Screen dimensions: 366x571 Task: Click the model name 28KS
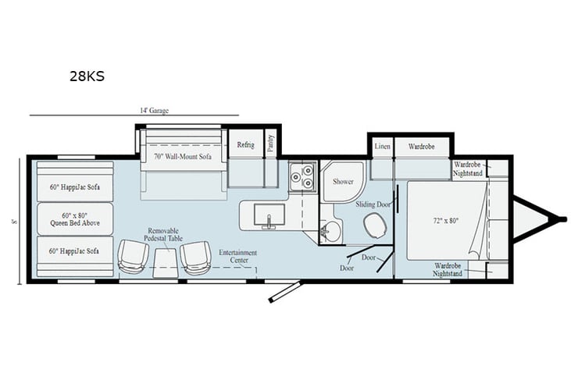tap(86, 76)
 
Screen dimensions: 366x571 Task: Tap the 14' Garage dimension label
tap(155, 111)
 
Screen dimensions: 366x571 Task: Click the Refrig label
tap(246, 145)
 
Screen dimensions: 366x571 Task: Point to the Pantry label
tap(270, 143)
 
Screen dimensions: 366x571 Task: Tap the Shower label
tap(344, 181)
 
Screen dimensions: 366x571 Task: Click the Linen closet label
tap(382, 146)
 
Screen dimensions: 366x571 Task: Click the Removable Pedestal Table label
tap(163, 235)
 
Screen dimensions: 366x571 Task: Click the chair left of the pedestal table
tap(134, 257)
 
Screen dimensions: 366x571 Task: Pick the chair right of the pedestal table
tap(195, 257)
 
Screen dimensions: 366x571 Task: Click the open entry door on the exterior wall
tap(282, 292)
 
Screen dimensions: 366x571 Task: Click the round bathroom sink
tap(331, 230)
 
